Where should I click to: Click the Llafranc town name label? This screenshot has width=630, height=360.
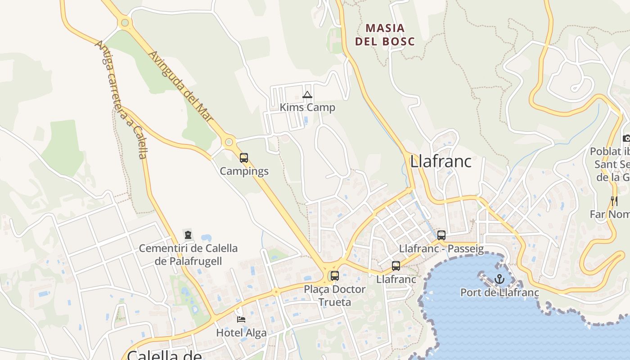(441, 161)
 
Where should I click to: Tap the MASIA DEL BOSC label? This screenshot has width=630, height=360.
(385, 35)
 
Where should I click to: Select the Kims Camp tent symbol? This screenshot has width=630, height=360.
(307, 94)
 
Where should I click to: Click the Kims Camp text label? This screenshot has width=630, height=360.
(307, 108)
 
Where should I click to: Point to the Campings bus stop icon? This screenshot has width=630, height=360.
(244, 158)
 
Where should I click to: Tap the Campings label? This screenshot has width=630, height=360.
(244, 171)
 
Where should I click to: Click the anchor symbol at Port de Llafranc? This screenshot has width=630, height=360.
(499, 279)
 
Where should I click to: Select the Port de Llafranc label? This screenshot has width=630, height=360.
(499, 292)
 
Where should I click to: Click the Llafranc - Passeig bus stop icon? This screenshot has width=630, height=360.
(441, 235)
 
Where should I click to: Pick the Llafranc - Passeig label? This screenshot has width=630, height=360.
(441, 248)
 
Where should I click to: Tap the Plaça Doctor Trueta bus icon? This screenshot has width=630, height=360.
(334, 276)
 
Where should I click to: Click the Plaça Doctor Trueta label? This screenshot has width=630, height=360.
(334, 295)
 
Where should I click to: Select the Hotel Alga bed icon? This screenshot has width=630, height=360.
(241, 319)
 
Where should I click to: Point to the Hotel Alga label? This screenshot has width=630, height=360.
(241, 333)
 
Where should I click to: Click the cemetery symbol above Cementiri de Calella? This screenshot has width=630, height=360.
(188, 234)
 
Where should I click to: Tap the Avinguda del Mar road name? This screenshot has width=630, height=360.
(180, 85)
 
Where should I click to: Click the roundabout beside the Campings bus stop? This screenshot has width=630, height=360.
(229, 143)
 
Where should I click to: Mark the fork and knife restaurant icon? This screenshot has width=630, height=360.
(614, 201)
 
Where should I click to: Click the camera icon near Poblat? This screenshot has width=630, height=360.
(626, 138)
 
